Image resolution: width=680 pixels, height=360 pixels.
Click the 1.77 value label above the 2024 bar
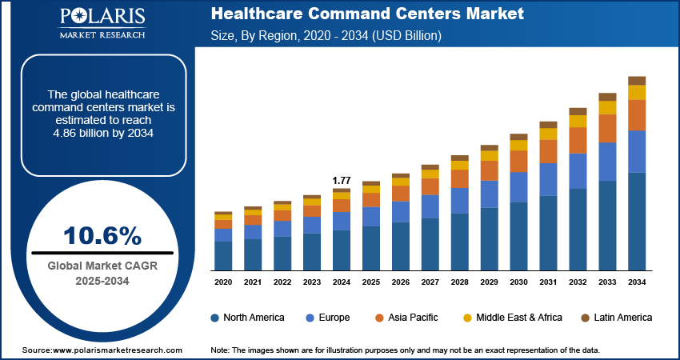[342, 181]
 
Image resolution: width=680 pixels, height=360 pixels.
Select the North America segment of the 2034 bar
[637, 221]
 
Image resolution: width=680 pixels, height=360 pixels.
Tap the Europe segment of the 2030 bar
[518, 186]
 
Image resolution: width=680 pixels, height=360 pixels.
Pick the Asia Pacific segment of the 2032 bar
[578, 140]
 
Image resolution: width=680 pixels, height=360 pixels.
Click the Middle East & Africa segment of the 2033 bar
[607, 107]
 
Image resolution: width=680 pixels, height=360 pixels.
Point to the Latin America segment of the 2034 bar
[637, 80]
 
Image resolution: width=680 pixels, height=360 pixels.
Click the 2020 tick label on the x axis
[223, 282]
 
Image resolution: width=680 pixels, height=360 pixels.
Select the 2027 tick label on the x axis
[430, 282]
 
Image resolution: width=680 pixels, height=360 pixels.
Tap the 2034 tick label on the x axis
[637, 282]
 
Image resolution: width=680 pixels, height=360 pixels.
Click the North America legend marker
[215, 318]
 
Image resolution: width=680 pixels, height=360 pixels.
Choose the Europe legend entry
[328, 318]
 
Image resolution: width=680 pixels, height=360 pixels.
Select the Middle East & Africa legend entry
[512, 318]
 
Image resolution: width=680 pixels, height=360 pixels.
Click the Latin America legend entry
[616, 318]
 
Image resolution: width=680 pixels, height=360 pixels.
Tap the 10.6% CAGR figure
[102, 235]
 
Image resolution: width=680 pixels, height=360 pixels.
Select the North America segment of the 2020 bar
[223, 255]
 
